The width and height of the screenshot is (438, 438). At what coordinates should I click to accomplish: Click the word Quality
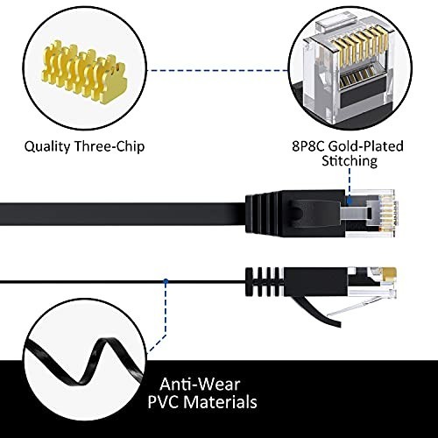point(47,146)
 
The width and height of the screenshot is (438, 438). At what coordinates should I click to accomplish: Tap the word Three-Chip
point(109,146)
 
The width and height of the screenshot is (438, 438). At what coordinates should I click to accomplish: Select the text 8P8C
point(308,146)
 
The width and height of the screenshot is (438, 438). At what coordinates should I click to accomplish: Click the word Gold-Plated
point(366,146)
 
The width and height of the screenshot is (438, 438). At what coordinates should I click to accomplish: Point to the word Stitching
point(350,161)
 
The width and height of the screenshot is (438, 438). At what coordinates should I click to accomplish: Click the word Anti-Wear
point(200,385)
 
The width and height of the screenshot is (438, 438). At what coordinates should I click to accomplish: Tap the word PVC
point(164,402)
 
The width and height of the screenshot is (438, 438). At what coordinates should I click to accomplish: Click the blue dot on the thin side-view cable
point(166,281)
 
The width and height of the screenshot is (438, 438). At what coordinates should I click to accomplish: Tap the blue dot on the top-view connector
point(350,201)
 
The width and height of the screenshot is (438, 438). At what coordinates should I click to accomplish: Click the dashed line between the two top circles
point(217,70)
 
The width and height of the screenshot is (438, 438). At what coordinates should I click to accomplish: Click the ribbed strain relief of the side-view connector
point(265,281)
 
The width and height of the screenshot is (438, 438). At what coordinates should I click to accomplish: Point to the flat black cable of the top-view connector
point(123,214)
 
